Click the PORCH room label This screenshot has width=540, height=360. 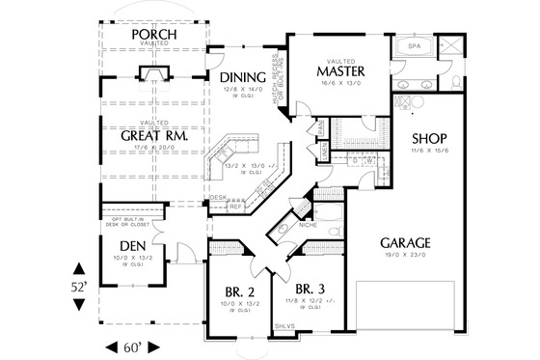pyautogui.click(x=152, y=36)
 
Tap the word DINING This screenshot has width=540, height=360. pyautogui.click(x=236, y=78)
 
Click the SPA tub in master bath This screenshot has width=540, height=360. pyautogui.click(x=413, y=45)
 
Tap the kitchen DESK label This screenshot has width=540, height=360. pyautogui.click(x=218, y=197)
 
